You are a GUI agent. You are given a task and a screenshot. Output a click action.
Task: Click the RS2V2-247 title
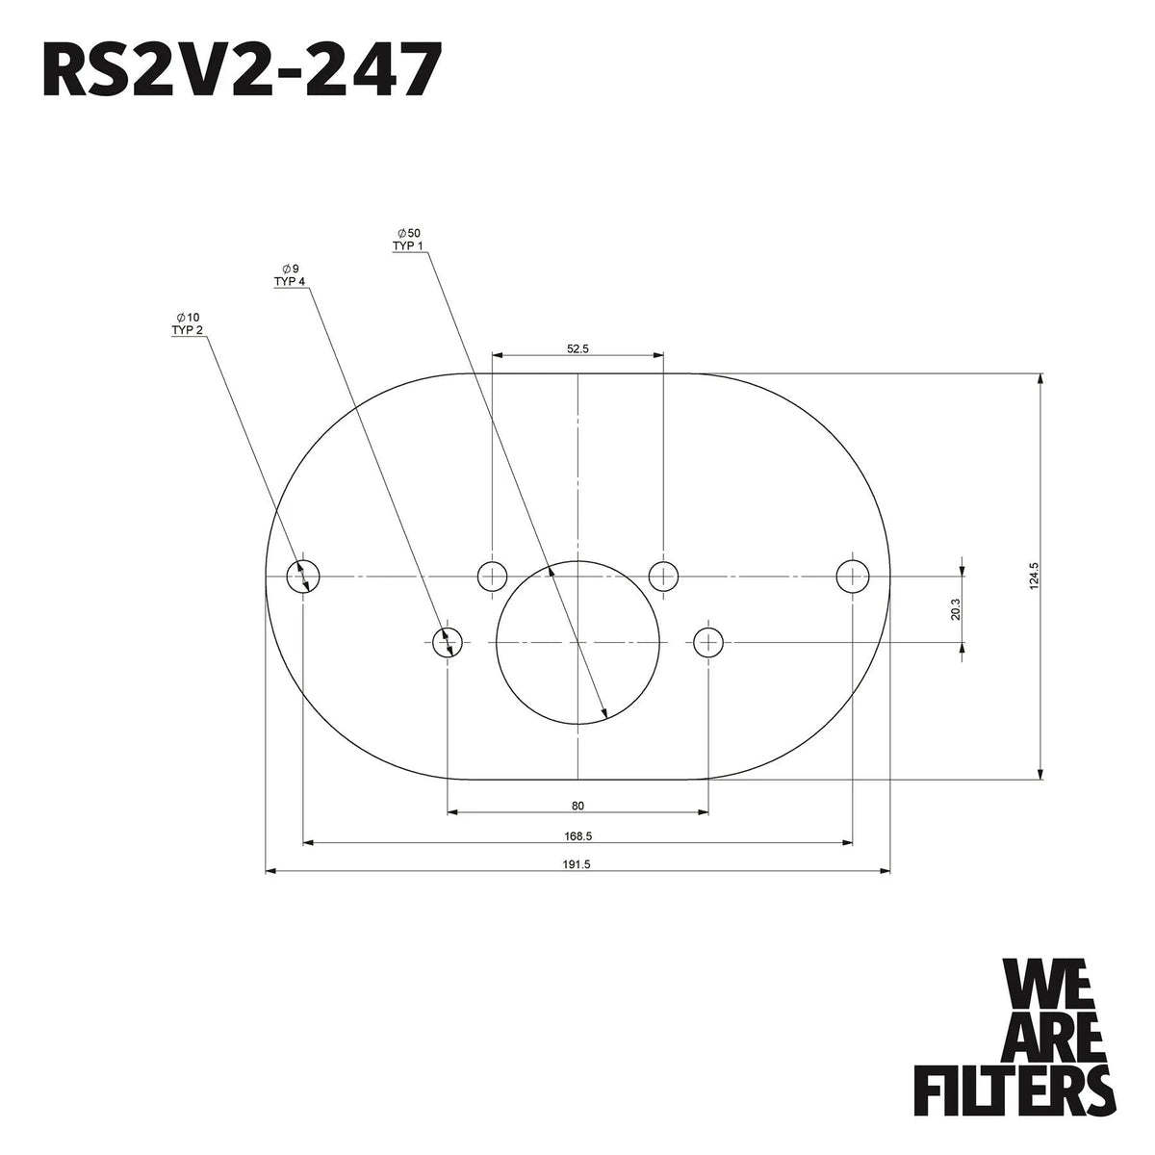(243, 69)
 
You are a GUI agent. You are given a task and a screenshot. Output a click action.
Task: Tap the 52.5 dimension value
(577, 348)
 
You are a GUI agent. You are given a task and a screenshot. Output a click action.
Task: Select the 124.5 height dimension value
(1032, 576)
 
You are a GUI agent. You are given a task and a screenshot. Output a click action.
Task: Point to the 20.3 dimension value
(956, 609)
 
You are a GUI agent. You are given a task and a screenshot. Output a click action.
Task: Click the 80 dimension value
(577, 806)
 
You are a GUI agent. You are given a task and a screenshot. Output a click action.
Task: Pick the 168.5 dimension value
(577, 835)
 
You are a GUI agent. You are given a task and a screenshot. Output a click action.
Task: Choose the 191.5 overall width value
(577, 864)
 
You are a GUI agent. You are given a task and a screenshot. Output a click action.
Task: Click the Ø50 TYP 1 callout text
(408, 239)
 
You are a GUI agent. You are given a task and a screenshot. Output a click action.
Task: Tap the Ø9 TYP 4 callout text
(290, 275)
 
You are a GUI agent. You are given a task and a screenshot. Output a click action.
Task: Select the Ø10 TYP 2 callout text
(187, 323)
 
